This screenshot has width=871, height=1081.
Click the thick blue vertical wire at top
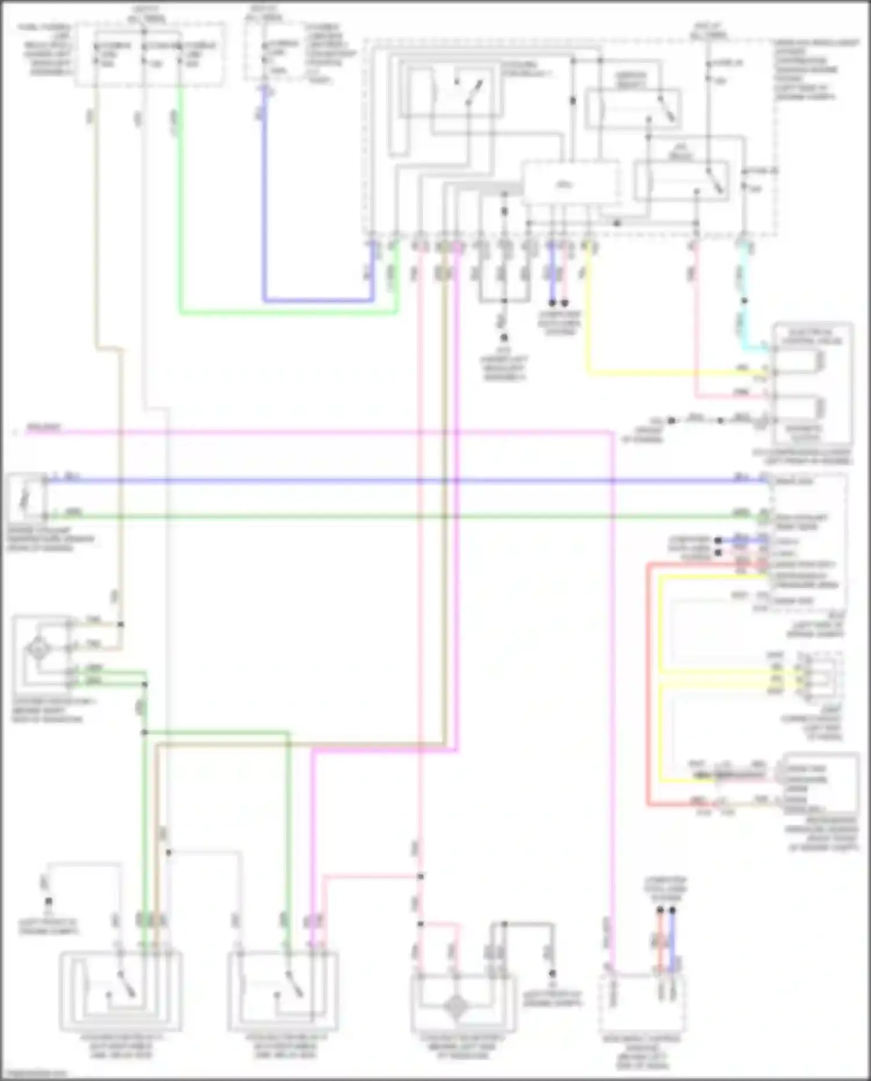pos(264,197)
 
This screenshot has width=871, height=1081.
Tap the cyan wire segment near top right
pos(744,319)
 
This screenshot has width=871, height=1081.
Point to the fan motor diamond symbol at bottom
pos(457,1007)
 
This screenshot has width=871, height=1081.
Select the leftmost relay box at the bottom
pos(120,991)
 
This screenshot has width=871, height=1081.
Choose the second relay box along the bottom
pos(284,991)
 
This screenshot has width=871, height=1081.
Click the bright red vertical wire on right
pos(648,685)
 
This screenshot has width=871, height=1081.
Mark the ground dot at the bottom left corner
pos(49,902)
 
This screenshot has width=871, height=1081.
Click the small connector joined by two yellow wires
pos(818,677)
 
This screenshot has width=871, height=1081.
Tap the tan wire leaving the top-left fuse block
pos(96,232)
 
